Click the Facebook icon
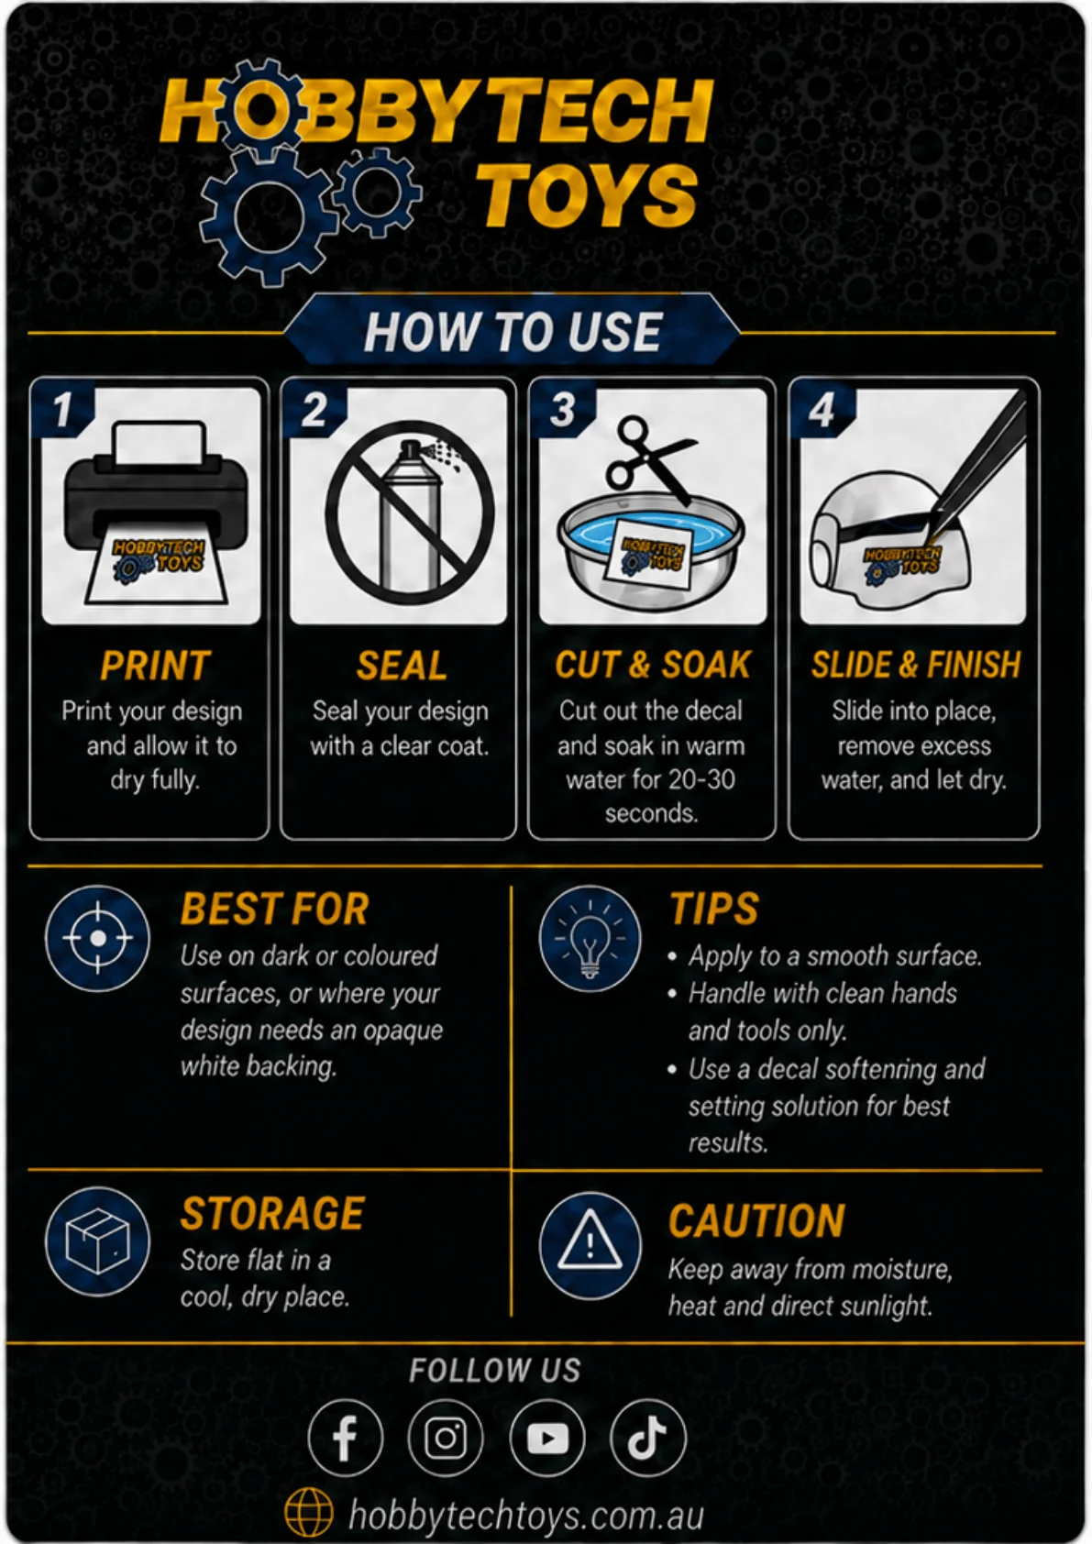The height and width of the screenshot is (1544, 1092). pos(345,1437)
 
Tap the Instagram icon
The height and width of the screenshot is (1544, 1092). pos(446,1437)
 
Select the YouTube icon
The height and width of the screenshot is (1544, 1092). pos(547,1437)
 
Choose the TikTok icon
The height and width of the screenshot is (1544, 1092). pos(648,1437)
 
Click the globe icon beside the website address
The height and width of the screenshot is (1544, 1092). pos(308,1514)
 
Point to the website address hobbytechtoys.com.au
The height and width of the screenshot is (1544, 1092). pos(526,1515)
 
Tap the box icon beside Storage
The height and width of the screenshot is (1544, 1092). pos(97,1241)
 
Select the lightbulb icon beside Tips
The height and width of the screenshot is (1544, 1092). pos(590,939)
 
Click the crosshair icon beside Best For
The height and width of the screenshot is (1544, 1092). pos(97,938)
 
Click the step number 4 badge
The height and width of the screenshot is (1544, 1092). pos(822,410)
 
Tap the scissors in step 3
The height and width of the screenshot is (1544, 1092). pos(649,458)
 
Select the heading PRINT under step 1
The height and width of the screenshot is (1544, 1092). pos(155,665)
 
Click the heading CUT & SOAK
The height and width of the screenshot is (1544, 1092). pos(652,665)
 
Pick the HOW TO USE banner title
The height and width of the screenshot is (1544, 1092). pos(513,332)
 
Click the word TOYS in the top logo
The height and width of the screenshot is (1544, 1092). pos(588,195)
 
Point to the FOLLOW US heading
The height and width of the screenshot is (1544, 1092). pos(495,1371)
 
